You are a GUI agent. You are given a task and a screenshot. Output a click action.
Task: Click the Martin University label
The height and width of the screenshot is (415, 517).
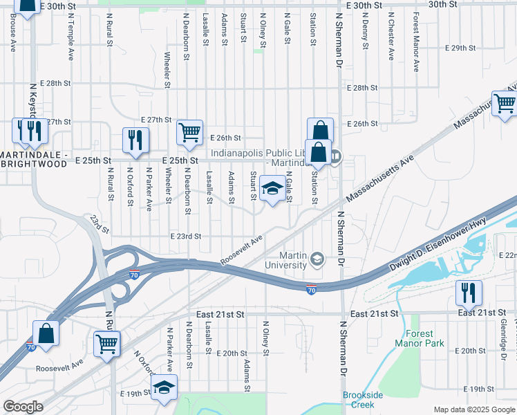[287, 261]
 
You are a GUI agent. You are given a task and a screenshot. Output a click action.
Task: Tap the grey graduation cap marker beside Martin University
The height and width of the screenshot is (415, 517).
[317, 260]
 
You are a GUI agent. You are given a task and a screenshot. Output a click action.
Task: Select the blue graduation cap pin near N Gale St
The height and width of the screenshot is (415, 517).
[272, 189]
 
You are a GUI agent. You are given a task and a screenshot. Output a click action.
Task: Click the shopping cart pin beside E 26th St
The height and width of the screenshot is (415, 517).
[189, 131]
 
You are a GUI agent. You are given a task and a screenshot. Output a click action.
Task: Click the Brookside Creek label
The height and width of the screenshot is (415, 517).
[363, 399]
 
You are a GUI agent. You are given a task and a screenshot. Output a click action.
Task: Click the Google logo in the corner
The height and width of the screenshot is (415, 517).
[23, 407]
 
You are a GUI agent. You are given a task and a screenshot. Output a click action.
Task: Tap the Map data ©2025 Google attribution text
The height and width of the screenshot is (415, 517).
[473, 409]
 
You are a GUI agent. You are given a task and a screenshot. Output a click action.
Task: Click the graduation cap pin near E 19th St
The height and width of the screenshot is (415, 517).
[164, 389]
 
